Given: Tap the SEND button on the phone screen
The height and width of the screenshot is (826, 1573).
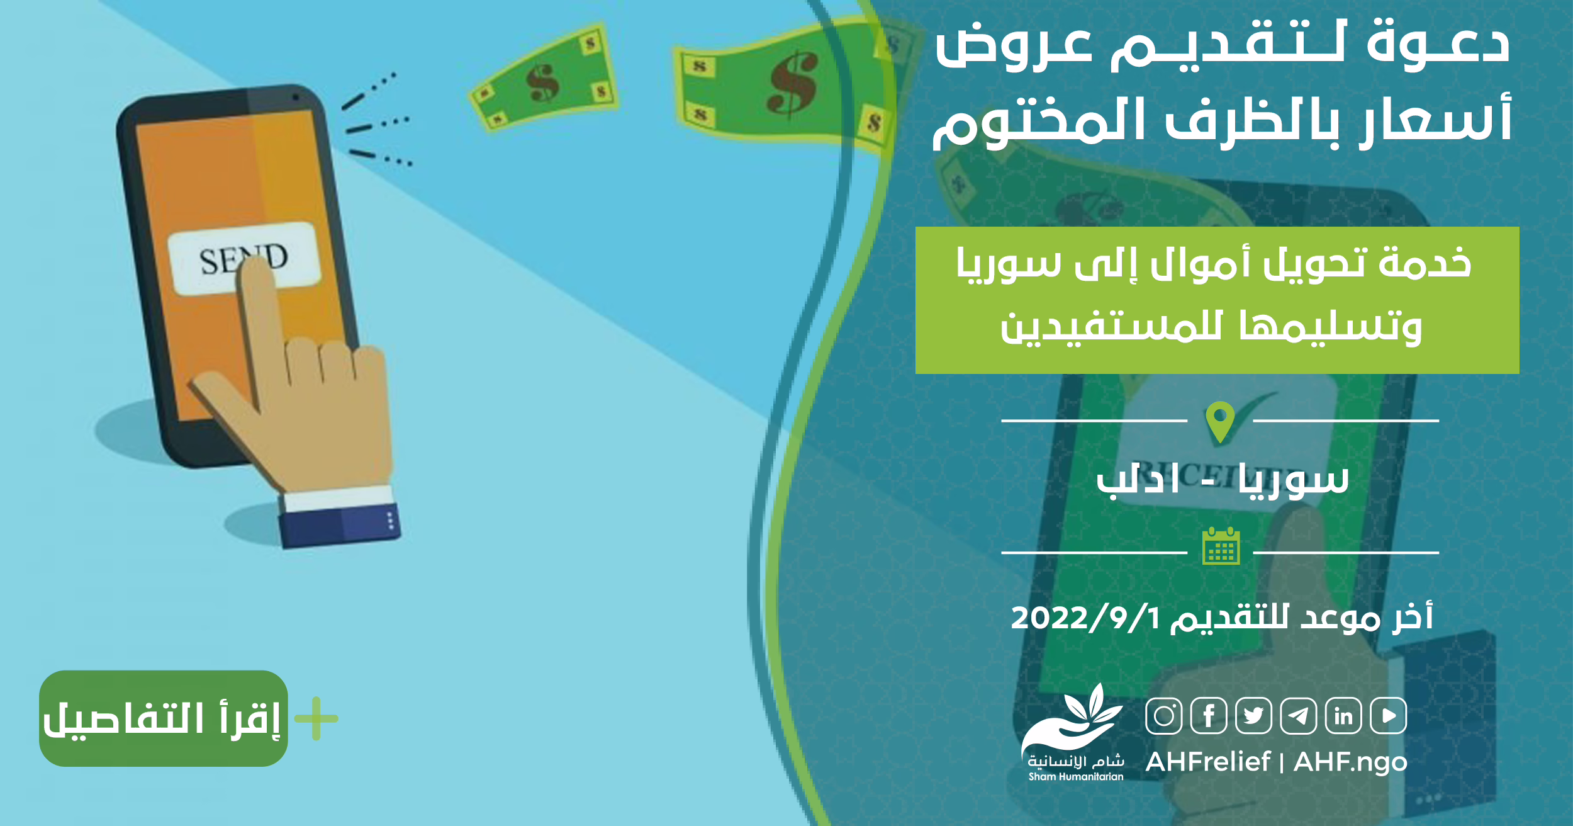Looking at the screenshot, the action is (244, 258).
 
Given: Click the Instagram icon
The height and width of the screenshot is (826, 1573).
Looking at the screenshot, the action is (1164, 716).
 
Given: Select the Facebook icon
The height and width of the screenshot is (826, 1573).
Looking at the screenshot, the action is (1209, 716).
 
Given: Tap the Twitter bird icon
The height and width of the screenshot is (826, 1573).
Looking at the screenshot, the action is (1253, 716).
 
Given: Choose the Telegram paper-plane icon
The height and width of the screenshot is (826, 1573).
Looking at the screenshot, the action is (1298, 716).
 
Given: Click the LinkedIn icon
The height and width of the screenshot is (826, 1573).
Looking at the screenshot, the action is (1343, 716).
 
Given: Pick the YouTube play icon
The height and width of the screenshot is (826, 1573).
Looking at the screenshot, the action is (1389, 716).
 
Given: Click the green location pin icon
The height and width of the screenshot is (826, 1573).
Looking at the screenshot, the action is (1220, 421).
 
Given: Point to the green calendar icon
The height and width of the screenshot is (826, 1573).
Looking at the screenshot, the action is (1221, 546).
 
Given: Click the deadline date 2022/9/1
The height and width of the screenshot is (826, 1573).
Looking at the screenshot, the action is (1085, 618).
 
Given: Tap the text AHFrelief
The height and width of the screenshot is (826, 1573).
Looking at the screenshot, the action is (1207, 762).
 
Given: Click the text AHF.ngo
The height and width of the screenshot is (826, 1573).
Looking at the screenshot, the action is (1350, 762).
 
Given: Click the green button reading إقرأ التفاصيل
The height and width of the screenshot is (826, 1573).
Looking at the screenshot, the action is (164, 718).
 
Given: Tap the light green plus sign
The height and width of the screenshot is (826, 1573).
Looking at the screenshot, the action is (316, 718).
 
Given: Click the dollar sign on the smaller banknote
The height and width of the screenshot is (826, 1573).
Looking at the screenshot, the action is (542, 83).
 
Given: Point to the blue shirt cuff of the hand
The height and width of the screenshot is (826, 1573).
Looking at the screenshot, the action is (340, 524).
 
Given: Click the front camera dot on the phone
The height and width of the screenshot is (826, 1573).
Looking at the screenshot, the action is (295, 98).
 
